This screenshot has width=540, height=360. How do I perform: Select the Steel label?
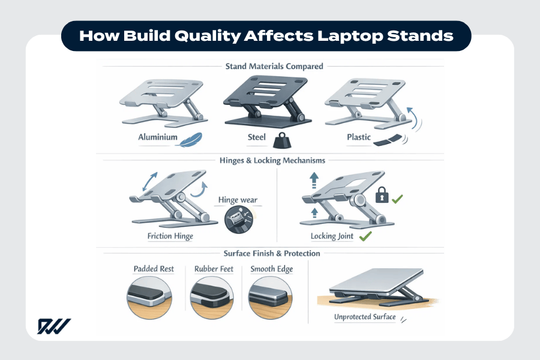coord(257,137)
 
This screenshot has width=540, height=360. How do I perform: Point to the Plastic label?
coord(358,137)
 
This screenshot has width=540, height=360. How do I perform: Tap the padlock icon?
coord(381,196)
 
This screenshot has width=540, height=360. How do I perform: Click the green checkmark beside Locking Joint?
coord(365,236)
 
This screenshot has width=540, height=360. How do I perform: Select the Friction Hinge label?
coord(170,236)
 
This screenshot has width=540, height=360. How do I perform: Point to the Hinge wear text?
coord(236,200)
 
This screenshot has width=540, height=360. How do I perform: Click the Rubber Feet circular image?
coord(213,297)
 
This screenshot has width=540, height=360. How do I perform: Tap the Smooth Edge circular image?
coord(271,297)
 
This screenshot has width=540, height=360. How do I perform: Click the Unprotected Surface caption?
coord(364,316)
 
